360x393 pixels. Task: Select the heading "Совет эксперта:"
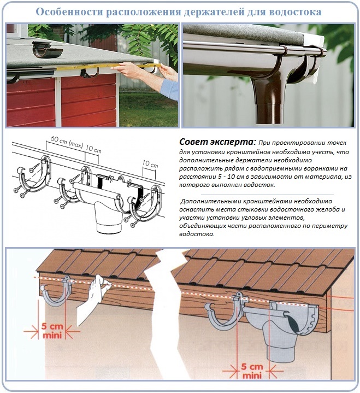(217, 142)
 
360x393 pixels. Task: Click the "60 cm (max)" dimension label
(67, 142)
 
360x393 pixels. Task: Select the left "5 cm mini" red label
(52, 331)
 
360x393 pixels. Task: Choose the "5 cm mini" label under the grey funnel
(252, 371)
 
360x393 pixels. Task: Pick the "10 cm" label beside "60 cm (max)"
(93, 149)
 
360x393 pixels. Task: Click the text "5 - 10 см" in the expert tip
(231, 177)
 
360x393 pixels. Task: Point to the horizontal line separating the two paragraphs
(267, 195)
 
